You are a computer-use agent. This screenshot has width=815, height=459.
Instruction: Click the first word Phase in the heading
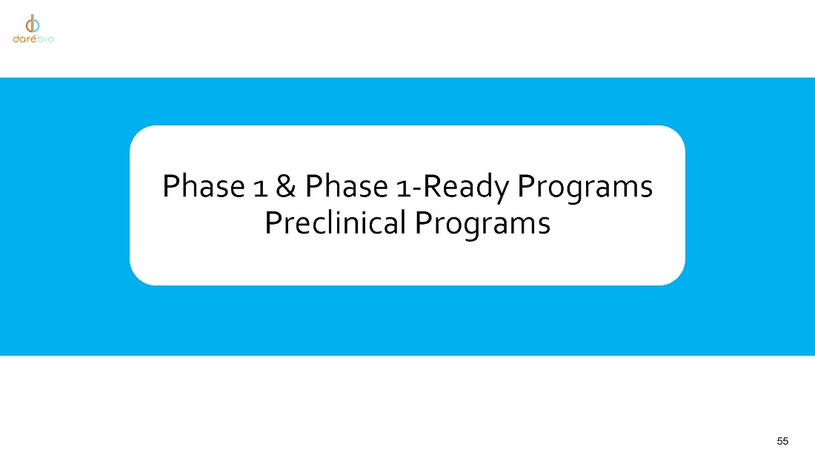tap(203, 186)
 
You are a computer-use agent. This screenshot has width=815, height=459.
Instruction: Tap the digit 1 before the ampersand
tap(260, 189)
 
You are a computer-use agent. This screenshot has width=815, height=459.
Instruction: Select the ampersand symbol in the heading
tap(286, 186)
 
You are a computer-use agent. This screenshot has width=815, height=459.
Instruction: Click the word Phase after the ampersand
tap(346, 186)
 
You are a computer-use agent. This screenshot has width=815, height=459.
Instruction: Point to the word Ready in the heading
tap(467, 188)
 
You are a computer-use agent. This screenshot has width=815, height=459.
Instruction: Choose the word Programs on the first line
tap(585, 188)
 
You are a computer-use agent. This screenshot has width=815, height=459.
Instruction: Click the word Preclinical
tap(335, 222)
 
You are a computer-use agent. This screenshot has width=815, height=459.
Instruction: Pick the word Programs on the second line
tap(482, 225)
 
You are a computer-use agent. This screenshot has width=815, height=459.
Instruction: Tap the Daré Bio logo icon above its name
tap(33, 24)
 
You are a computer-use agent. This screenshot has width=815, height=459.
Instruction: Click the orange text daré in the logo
tap(25, 39)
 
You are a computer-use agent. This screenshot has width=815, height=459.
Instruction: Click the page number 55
tap(782, 441)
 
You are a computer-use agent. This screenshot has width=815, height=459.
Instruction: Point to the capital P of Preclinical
tap(273, 222)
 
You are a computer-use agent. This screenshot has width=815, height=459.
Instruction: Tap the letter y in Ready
tap(502, 193)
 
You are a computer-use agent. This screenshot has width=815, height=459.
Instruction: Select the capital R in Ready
tap(433, 186)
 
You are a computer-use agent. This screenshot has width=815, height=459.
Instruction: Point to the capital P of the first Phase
tap(171, 186)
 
